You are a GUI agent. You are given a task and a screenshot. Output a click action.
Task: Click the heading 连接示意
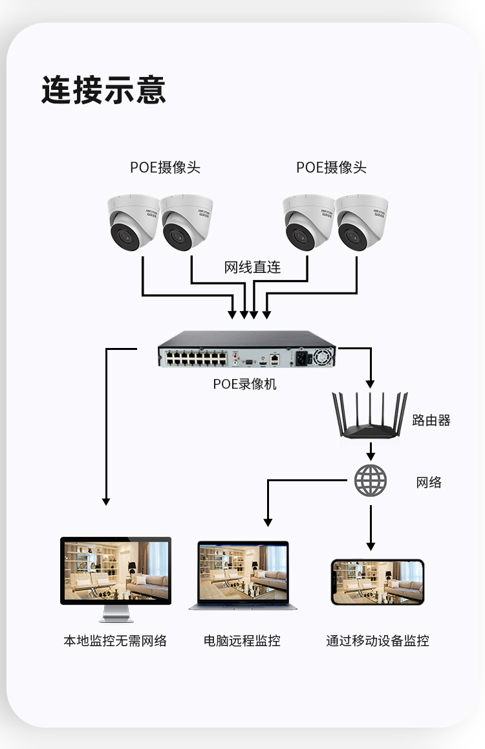tap(103, 90)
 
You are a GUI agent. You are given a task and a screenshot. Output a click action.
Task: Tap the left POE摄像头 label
tap(165, 168)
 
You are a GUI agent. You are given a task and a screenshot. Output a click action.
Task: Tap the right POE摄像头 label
tap(331, 168)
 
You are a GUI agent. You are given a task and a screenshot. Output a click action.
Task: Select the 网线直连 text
tap(252, 267)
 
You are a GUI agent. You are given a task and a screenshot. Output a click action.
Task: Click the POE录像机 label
tap(244, 384)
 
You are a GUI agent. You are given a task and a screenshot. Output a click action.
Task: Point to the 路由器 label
tap(431, 420)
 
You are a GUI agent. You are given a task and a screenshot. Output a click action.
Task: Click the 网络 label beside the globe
tap(429, 482)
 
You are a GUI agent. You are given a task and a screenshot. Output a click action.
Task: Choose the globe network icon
tap(371, 481)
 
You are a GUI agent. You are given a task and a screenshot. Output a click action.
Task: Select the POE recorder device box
tap(247, 350)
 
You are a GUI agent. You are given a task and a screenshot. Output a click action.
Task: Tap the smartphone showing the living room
tap(378, 582)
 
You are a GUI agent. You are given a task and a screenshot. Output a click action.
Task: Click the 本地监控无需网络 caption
tap(115, 641)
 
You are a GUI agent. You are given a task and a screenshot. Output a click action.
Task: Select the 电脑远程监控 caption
tap(242, 641)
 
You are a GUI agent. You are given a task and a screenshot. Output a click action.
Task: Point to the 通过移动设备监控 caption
tap(378, 641)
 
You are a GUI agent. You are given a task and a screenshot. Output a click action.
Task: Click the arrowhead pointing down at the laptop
tap(268, 522)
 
